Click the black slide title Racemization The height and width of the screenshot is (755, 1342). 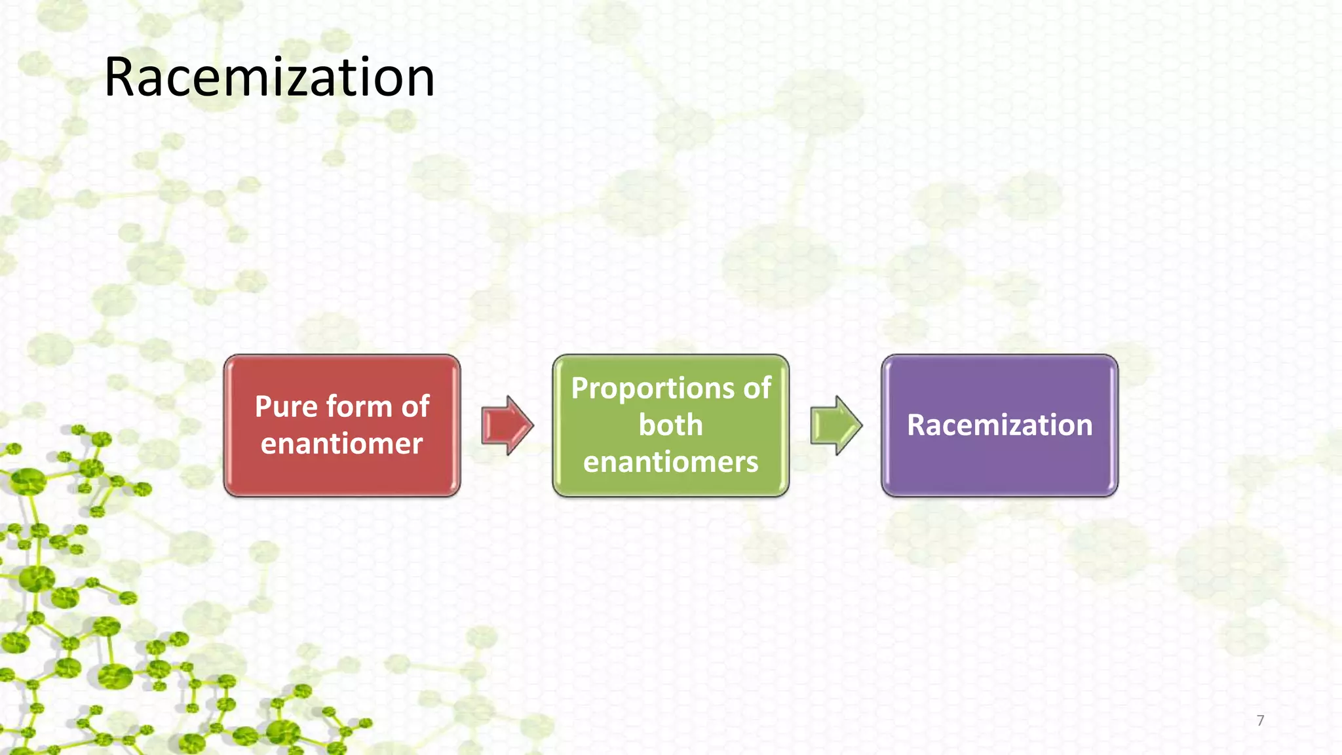[269, 77]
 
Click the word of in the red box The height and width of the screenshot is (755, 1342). [415, 407]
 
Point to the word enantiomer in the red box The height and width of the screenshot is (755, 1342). [341, 444]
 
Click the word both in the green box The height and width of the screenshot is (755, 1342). [670, 425]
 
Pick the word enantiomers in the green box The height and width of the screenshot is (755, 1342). [670, 462]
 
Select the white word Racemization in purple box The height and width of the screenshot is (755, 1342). [999, 425]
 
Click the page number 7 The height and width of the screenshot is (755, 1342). [1260, 720]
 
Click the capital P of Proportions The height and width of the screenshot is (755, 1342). [579, 389]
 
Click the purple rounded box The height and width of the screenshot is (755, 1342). [999, 472]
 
